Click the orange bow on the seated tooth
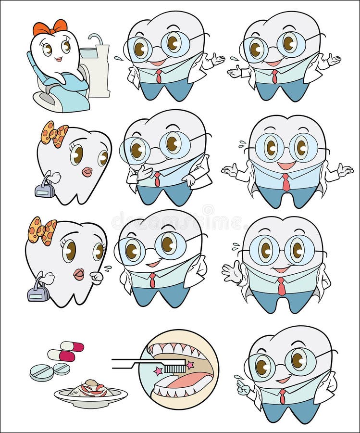(50, 27)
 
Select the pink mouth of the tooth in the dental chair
(58, 59)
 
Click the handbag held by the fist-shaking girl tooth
(38, 291)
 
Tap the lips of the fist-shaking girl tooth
(79, 274)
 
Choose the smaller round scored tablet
(61, 369)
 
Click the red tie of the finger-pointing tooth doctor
(282, 396)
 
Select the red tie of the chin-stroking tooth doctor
(157, 179)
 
